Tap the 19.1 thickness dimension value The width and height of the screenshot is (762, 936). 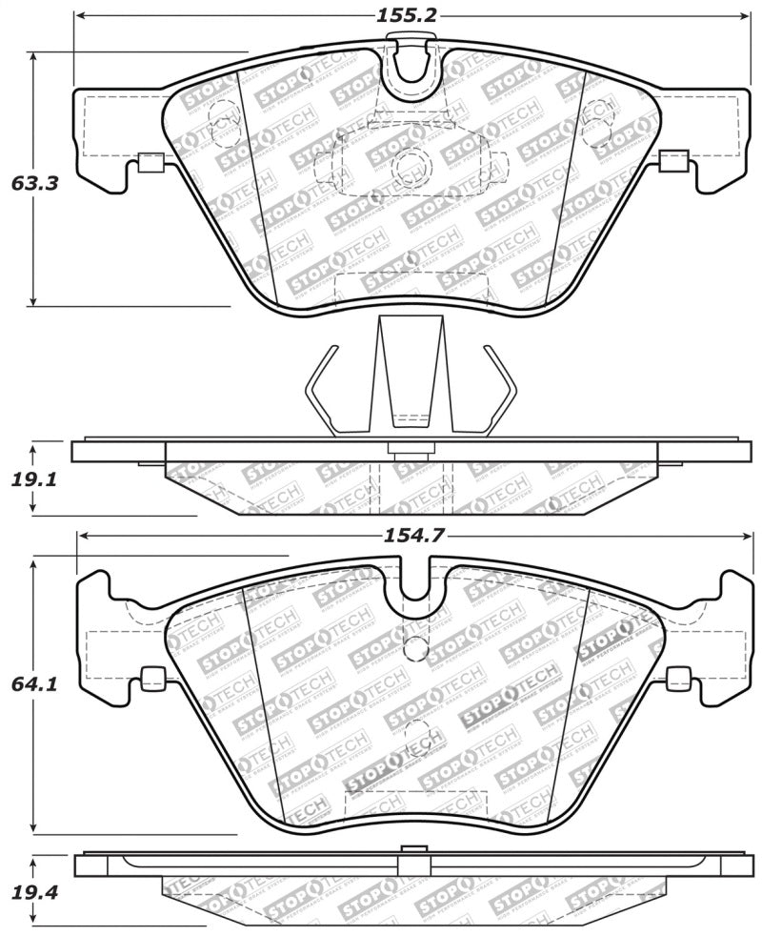pos(35,479)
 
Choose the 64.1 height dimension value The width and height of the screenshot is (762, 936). pos(34,684)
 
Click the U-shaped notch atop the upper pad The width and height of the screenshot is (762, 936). pos(412,64)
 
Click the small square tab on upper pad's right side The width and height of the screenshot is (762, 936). pos(672,161)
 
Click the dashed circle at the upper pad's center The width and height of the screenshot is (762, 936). pos(412,164)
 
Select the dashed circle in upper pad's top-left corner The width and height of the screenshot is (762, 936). pos(221,110)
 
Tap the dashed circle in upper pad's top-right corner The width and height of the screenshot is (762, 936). pos(598,110)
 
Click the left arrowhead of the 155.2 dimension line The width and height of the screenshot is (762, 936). pos(80,16)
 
